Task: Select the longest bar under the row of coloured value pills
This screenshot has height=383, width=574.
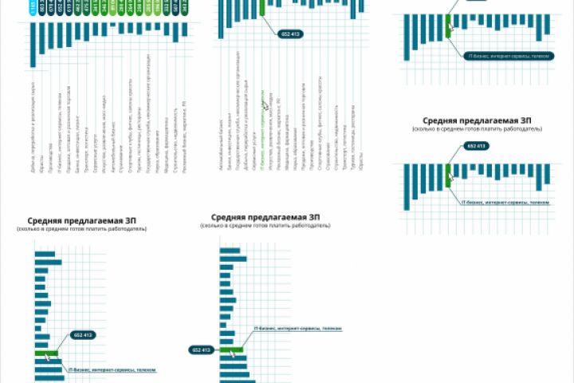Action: [x=33, y=45]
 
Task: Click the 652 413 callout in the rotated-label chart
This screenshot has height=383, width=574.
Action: [x=289, y=34]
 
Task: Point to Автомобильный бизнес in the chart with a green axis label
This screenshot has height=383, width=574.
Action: [x=220, y=131]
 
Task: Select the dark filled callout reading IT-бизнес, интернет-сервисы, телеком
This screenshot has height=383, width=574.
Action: [x=505, y=56]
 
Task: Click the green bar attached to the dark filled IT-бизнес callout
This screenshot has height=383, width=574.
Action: [x=448, y=25]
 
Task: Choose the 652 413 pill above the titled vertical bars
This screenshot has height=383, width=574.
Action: [x=476, y=146]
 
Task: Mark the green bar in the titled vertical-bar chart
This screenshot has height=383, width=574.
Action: [x=448, y=176]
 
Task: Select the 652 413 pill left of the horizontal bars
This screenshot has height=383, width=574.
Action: [x=202, y=349]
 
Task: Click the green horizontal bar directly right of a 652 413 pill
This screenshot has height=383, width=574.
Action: [x=231, y=349]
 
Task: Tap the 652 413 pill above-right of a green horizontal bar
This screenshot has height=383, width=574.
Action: [x=83, y=335]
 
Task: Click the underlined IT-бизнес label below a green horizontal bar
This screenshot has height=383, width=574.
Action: [x=112, y=370]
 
